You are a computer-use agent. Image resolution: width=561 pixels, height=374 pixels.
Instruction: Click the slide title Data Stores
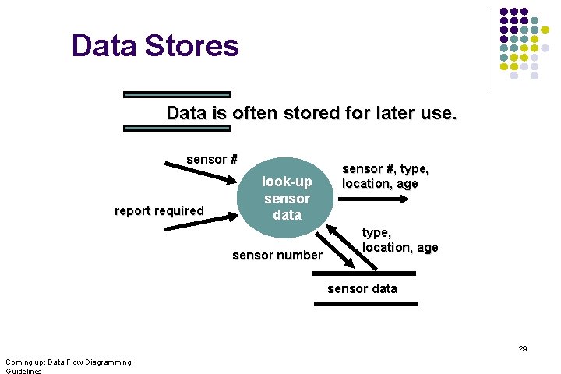coord(155,45)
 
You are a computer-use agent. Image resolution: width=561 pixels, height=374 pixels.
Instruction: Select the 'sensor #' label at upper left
coord(211,160)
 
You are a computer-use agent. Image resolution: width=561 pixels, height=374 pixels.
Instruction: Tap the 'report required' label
coord(159,210)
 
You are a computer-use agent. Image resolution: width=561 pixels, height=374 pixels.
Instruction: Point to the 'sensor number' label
coord(277,255)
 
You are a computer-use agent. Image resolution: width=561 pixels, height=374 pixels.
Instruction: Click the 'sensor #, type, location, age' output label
coord(386,176)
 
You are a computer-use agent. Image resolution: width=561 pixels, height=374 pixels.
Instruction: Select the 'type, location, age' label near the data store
coord(400,240)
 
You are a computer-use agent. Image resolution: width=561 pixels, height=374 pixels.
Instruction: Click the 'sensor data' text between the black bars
coord(362,288)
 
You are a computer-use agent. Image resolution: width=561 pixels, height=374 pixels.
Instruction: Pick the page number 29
coord(523,349)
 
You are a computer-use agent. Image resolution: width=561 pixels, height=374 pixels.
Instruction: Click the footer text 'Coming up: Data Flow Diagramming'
coord(69,362)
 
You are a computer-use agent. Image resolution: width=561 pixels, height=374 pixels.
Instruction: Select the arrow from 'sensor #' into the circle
coord(199,173)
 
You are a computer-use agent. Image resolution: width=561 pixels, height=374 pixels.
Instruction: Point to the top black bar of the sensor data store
coord(364,273)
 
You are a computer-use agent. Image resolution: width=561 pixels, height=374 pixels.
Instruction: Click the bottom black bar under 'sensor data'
coord(364,304)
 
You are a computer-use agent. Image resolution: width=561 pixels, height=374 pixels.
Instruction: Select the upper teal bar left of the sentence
coord(178,94)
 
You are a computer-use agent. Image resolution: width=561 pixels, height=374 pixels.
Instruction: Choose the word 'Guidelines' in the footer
coord(23,371)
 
